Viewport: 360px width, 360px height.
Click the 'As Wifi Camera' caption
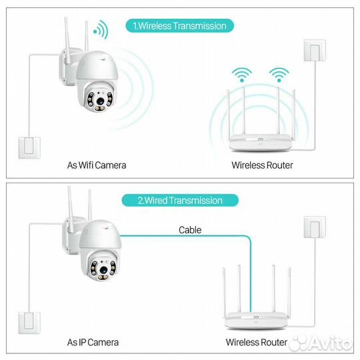[97, 165]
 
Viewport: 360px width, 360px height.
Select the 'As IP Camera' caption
[93, 342]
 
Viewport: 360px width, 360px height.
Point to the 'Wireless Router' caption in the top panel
[262, 165]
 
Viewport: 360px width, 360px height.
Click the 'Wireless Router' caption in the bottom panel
[257, 342]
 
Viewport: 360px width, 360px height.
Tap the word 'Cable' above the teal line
[189, 230]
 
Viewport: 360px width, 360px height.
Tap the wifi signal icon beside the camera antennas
[100, 30]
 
